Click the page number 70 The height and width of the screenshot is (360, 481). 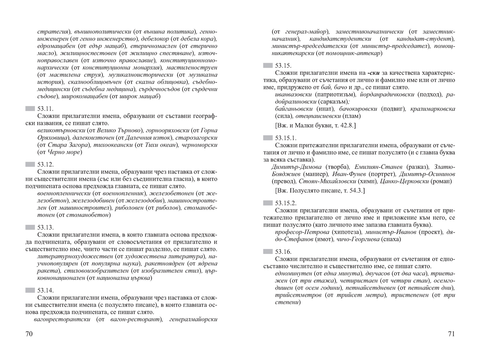coord(29,334)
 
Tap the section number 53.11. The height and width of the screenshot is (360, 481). coord(45,109)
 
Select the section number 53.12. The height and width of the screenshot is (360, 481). coord(45,165)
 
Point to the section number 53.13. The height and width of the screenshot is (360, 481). coord(45,227)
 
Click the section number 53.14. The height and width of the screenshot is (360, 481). coord(45,290)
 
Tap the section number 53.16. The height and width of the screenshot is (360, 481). coord(283,251)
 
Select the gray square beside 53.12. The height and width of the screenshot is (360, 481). coord(30,165)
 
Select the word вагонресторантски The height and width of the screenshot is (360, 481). coord(61,319)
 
